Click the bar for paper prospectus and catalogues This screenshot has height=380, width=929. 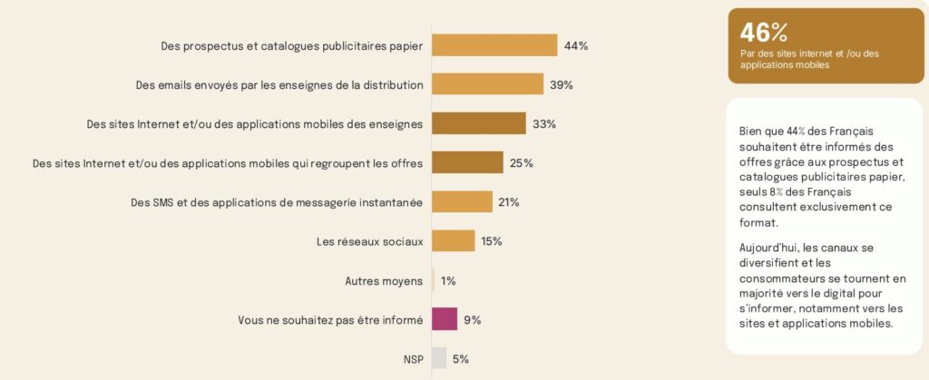(494, 45)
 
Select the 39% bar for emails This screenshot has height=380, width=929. (488, 84)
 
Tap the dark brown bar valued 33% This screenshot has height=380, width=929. (479, 123)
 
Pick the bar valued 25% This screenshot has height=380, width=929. (467, 162)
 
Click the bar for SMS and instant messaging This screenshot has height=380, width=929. (462, 201)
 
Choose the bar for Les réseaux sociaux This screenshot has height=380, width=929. (453, 241)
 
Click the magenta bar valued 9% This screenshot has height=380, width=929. (445, 319)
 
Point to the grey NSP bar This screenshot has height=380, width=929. (439, 358)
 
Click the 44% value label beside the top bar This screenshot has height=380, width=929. (576, 45)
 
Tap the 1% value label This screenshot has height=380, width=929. (448, 281)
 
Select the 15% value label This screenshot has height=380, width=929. (491, 241)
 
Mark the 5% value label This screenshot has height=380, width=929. (461, 358)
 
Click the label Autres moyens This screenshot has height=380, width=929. (384, 281)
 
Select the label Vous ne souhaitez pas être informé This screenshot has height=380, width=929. (330, 320)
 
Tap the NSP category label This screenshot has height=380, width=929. (413, 359)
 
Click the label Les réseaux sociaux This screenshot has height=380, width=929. (369, 241)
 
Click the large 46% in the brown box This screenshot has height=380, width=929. (763, 33)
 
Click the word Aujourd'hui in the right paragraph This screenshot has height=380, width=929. (770, 248)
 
